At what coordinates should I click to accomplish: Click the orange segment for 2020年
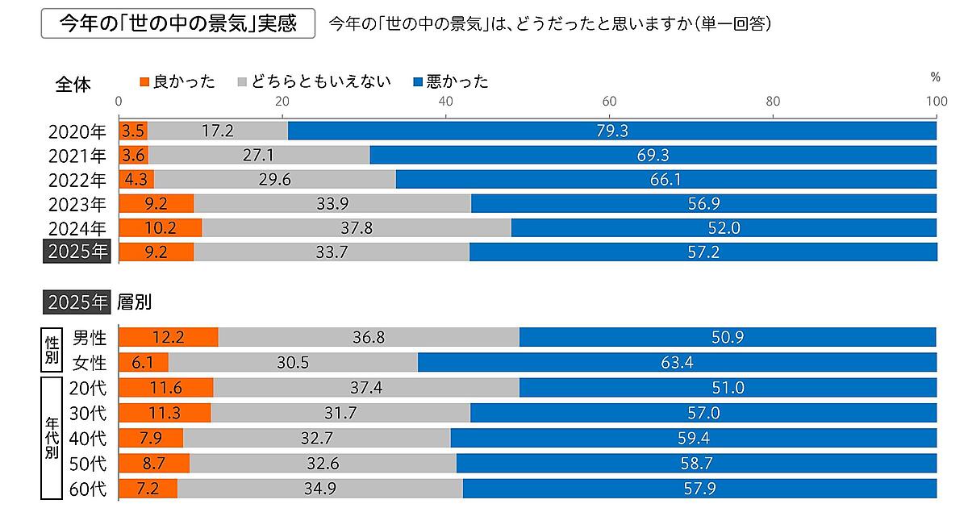(x=133, y=130)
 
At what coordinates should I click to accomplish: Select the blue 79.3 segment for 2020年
(x=611, y=130)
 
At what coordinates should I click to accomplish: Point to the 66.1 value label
(x=665, y=179)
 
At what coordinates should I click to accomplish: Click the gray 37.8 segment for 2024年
(x=356, y=228)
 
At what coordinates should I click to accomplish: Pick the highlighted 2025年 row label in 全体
(x=77, y=252)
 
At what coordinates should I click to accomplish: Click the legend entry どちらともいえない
(x=314, y=81)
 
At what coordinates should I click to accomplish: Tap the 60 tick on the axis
(x=610, y=102)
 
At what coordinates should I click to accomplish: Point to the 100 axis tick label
(x=935, y=102)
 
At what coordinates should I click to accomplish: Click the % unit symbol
(x=936, y=77)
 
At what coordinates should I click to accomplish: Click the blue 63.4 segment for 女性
(x=676, y=363)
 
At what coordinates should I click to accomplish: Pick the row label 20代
(x=88, y=388)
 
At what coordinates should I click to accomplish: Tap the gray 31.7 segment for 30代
(x=340, y=413)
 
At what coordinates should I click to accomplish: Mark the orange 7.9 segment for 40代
(x=151, y=438)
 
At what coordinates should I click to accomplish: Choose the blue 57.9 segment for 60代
(x=699, y=488)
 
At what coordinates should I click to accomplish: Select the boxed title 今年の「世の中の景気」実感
(x=178, y=23)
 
